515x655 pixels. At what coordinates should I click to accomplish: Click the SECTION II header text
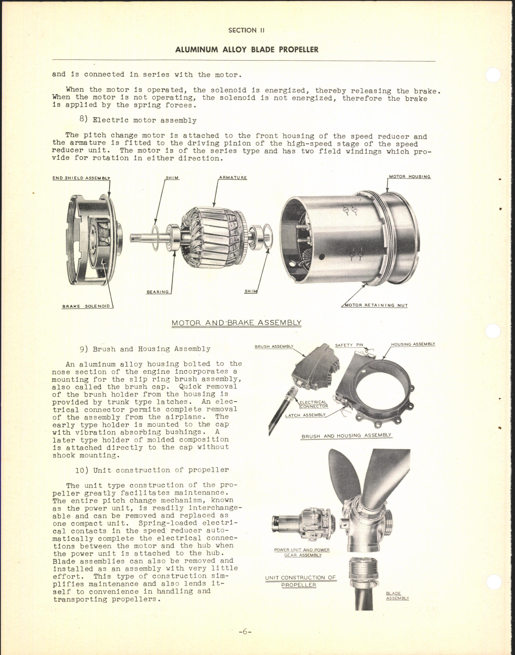tap(247, 30)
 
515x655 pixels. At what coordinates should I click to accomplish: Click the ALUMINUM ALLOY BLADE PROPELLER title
tap(247, 50)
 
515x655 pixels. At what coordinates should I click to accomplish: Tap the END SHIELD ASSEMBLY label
tap(81, 178)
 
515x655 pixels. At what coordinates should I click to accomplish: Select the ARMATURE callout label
tap(233, 178)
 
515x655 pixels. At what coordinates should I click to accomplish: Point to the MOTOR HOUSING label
tap(409, 176)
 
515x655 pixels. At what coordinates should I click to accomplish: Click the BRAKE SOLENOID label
tap(86, 306)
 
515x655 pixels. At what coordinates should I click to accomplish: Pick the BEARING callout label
tap(158, 292)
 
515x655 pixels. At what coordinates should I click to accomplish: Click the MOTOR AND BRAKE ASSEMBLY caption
tap(236, 323)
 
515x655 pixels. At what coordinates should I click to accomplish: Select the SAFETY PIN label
tap(349, 345)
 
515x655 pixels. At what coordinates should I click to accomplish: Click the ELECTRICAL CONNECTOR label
tap(314, 404)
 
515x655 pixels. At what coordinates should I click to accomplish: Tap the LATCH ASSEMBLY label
tap(305, 415)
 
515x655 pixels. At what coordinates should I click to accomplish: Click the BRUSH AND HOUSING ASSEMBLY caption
tap(346, 436)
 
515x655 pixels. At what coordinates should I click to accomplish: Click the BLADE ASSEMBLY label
tap(397, 596)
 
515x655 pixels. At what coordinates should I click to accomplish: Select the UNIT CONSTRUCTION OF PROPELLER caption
tap(301, 581)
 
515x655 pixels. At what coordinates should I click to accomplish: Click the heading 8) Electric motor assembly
tap(138, 120)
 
